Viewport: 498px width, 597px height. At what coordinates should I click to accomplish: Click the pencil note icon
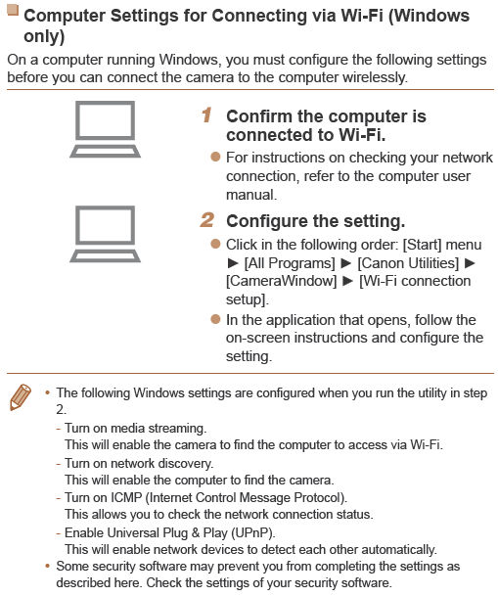tap(20, 397)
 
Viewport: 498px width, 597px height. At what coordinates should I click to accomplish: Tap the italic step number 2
tap(207, 220)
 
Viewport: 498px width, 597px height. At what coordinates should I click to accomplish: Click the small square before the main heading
tap(13, 13)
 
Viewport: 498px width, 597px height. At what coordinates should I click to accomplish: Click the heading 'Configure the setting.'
tap(315, 221)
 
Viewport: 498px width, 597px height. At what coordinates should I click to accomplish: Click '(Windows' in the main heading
tap(428, 17)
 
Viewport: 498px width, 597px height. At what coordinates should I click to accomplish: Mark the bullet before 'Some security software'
tap(47, 567)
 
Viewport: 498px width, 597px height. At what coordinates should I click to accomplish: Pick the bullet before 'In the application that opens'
tap(215, 320)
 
